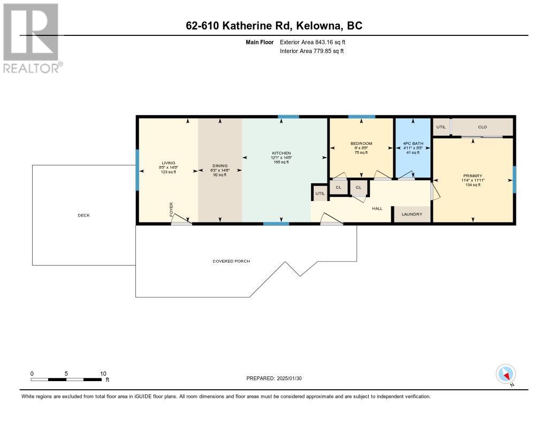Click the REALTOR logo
[x=31, y=38]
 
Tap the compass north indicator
[x=506, y=374]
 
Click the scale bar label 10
[x=103, y=374]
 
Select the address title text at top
[x=273, y=26]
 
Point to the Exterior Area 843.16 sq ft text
[x=316, y=42]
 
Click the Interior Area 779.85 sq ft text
[x=311, y=51]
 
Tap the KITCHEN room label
[x=281, y=153]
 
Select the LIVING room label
[x=169, y=163]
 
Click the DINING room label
[x=220, y=166]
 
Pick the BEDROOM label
[x=361, y=144]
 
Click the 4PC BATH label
[x=413, y=144]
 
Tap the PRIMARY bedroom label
[x=473, y=176]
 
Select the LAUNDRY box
[x=413, y=214]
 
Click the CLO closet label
[x=482, y=127]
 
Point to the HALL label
[x=377, y=208]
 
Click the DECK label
[x=83, y=215]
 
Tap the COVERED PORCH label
[x=231, y=261]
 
